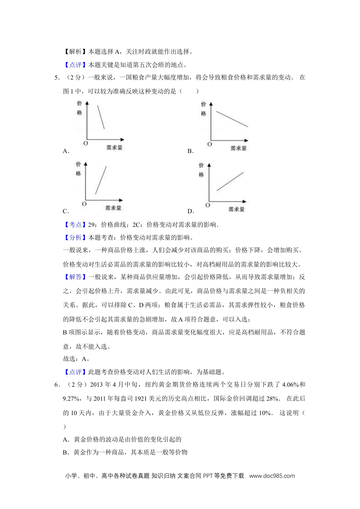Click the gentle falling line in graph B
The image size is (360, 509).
[x=232, y=119]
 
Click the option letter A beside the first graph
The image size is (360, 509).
[x=65, y=151]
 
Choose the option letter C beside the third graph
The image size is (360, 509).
[x=65, y=211]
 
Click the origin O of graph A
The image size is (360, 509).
[x=85, y=144]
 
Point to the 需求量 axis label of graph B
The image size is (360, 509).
[x=238, y=148]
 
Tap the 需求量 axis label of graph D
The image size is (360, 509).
[x=236, y=209]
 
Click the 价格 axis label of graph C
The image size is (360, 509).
[x=78, y=169]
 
